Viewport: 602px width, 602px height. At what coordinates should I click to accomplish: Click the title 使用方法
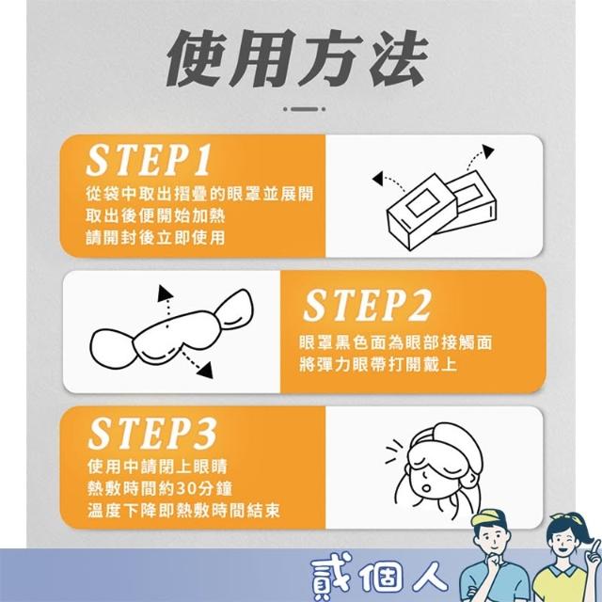click(x=297, y=58)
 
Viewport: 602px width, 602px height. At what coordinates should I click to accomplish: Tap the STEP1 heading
click(x=149, y=160)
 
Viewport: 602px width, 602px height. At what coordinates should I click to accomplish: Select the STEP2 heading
click(x=367, y=305)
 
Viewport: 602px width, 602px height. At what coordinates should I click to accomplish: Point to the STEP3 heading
click(x=152, y=433)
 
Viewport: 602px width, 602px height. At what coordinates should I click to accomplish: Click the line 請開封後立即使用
click(x=155, y=238)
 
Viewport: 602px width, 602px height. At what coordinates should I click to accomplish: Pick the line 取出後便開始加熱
click(x=155, y=215)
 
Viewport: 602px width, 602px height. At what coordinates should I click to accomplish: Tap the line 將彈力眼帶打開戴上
click(x=378, y=364)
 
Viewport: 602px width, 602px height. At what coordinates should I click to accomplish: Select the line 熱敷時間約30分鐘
click(x=160, y=489)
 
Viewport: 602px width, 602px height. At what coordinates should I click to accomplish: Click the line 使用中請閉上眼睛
click(x=157, y=467)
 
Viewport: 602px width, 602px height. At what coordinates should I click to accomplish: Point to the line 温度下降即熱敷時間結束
click(x=183, y=511)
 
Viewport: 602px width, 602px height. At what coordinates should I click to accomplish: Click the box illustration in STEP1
click(x=441, y=210)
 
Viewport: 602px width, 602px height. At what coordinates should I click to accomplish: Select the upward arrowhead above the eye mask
click(x=166, y=293)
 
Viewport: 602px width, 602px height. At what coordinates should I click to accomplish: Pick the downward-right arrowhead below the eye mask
click(x=206, y=370)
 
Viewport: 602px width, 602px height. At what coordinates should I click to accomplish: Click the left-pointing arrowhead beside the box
click(x=378, y=178)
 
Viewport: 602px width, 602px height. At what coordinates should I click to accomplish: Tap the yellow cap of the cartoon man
click(x=487, y=519)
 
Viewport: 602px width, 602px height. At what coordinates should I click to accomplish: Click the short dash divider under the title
click(x=305, y=109)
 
